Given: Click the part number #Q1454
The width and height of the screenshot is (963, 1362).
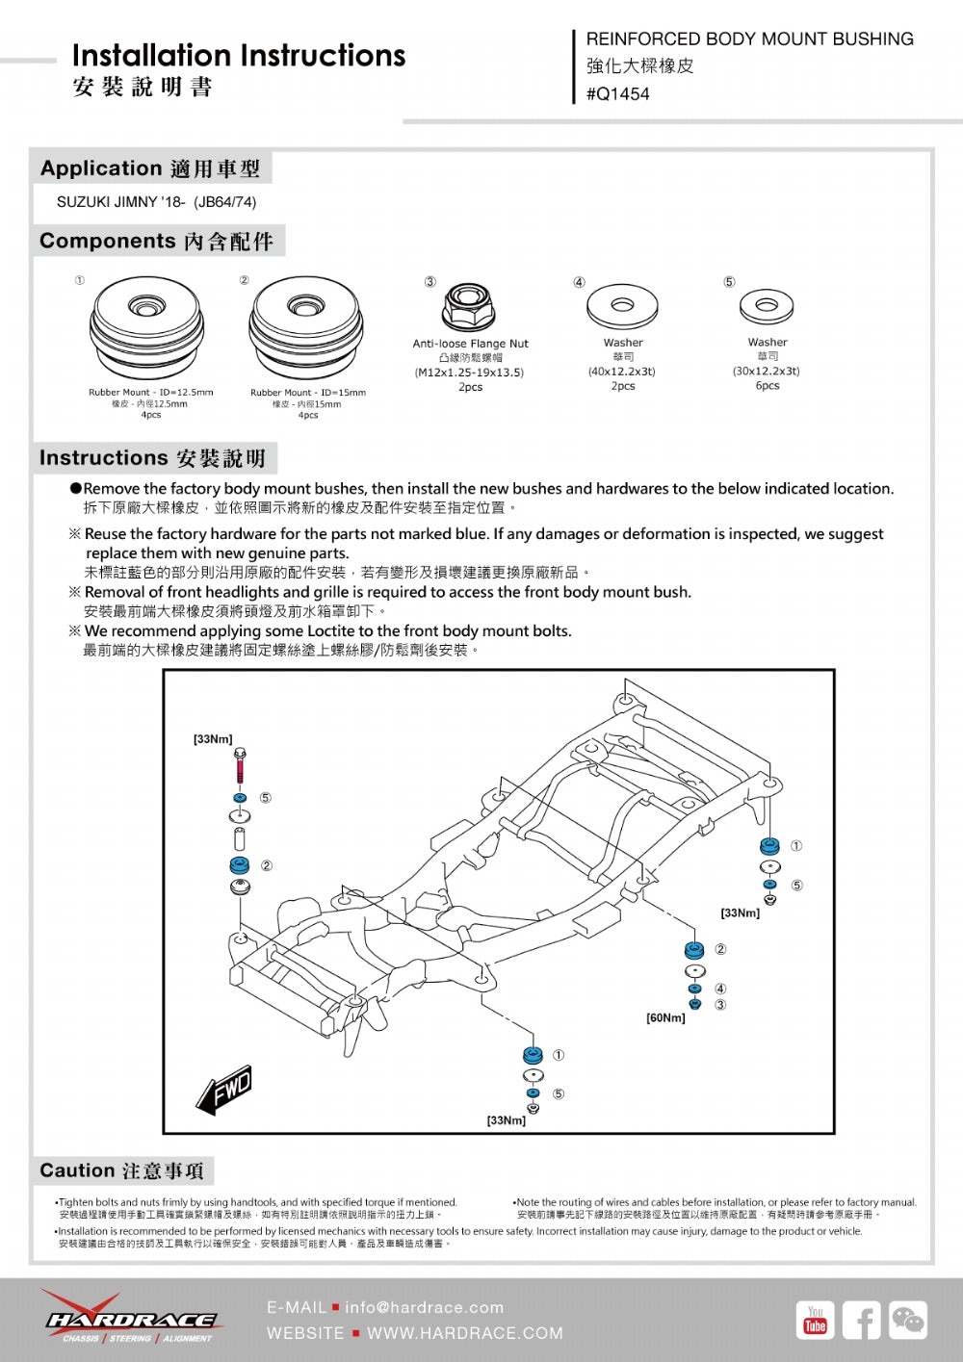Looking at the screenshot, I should pos(617,94).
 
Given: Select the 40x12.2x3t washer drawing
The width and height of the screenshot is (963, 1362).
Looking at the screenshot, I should pos(621,306).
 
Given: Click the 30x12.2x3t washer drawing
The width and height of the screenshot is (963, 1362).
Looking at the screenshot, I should pos(767,307).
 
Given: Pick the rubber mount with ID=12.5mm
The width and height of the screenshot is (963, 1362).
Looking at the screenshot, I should pos(147,329).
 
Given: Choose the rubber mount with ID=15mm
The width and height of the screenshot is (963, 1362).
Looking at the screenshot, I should pos(306,329).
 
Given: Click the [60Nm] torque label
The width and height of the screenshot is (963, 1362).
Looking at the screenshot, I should pos(665,1018).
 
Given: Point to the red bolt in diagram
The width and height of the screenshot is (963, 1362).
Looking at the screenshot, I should pos(240,766).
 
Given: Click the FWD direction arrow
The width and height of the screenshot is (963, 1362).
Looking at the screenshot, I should pos(225,1091).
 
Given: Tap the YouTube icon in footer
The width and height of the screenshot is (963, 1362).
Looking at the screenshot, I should pos(815,1320).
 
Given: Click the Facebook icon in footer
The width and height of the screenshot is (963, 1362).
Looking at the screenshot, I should pos(861,1320).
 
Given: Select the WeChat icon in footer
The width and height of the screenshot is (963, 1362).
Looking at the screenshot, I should pos(907,1320).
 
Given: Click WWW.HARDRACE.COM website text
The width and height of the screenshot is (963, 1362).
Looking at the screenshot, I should pos(465,1333).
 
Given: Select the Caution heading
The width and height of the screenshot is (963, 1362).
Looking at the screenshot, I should pos(121,1170).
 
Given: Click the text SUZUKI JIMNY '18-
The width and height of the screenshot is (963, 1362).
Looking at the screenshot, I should pos(121,202).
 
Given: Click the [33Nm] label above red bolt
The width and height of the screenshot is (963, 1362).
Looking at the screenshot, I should pos(213,739).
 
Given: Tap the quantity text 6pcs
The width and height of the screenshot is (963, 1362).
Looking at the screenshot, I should pos(767,386).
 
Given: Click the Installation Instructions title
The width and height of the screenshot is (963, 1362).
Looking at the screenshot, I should pos(238,56).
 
